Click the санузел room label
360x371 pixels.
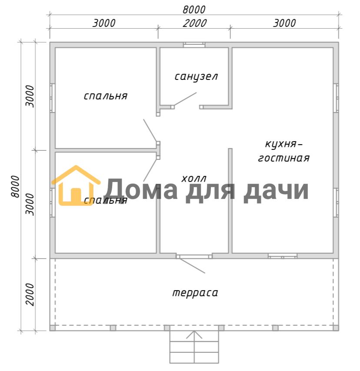[196, 77]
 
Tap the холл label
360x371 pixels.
[194, 179]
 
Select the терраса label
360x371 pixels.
[195, 293]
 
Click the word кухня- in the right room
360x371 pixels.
[283, 144]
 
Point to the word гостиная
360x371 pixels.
[284, 158]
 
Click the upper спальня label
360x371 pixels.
[106, 96]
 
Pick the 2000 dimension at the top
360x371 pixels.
[195, 23]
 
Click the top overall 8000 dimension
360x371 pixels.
[194, 10]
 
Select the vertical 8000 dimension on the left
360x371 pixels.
[15, 186]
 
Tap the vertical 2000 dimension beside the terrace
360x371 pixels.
[30, 295]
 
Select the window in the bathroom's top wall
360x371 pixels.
[194, 45]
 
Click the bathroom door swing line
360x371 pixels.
[185, 99]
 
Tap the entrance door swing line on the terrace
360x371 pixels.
[192, 266]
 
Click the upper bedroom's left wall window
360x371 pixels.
[52, 98]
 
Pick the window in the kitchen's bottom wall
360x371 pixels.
[283, 256]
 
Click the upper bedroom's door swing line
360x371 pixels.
[150, 130]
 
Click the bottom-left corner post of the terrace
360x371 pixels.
[52, 328]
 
